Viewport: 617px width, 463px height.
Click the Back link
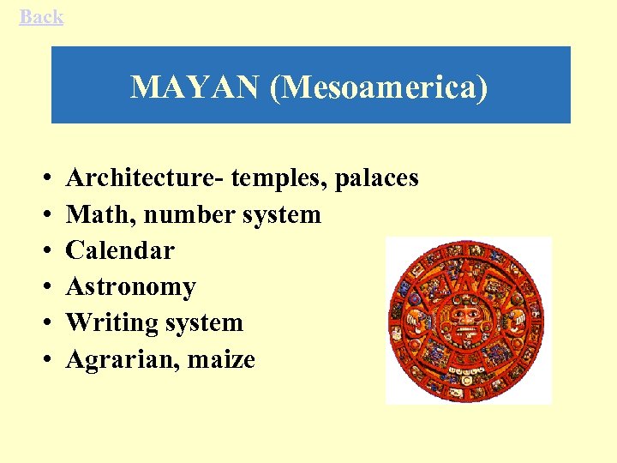(x=41, y=16)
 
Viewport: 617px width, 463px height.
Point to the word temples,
(x=279, y=178)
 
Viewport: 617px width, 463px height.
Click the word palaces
(x=377, y=178)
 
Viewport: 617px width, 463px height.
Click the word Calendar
(x=120, y=250)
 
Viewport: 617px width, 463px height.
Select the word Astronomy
(x=130, y=286)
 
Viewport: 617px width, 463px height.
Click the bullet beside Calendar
(x=43, y=251)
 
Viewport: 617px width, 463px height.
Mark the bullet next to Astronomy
(x=43, y=287)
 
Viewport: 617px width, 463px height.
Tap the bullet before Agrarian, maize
(x=43, y=360)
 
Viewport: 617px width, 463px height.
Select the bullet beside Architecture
(x=43, y=179)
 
